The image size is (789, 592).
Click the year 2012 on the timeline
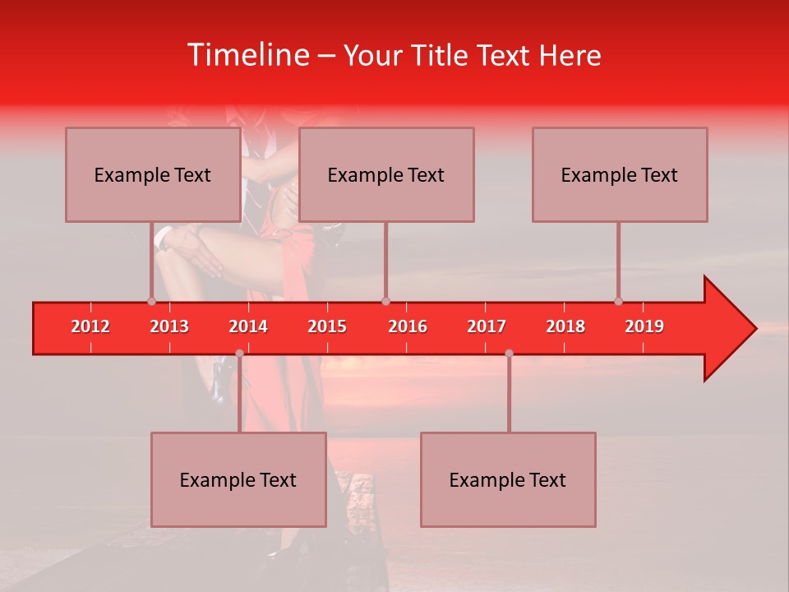(90, 326)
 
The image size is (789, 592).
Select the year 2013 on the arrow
(169, 326)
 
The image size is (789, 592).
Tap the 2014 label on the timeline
(248, 326)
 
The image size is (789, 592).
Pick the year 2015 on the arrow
(327, 326)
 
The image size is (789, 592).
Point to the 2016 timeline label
(408, 326)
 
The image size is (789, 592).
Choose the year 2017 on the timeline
(487, 326)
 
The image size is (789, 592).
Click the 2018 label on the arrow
(565, 326)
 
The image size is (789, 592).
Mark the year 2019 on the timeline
(644, 326)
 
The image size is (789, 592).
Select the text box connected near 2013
(153, 174)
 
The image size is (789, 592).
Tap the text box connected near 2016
(386, 174)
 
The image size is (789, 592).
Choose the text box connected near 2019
(620, 174)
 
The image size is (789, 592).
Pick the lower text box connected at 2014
(238, 479)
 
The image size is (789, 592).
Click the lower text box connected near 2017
(508, 479)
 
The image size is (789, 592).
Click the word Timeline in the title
(247, 55)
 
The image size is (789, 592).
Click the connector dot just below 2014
(239, 353)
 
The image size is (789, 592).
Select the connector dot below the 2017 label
(509, 353)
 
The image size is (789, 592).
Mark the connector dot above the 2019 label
(618, 301)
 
